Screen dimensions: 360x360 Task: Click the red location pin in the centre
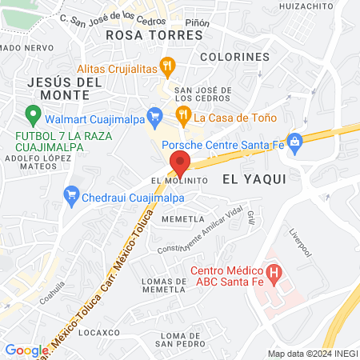point(180,163)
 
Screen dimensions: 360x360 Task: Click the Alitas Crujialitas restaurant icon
point(166,65)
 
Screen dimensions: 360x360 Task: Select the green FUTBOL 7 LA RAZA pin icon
point(32,115)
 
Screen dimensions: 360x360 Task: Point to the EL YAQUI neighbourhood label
point(254,179)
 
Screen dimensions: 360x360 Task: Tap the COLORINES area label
point(234,57)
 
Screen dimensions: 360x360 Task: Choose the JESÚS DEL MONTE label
point(64,88)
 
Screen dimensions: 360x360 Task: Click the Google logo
point(26,350)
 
